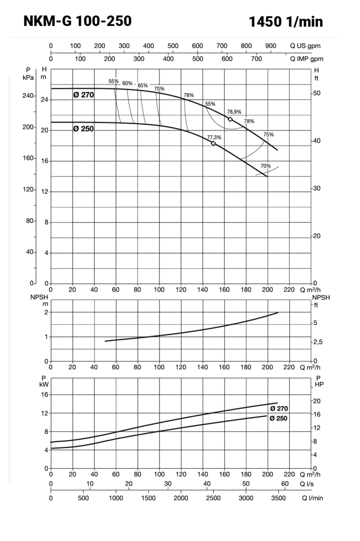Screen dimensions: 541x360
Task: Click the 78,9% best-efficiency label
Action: pos(234,112)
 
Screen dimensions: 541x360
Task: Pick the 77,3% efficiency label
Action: pos(214,137)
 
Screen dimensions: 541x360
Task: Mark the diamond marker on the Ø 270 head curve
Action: pos(230,119)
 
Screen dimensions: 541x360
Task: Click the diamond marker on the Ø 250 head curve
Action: pos(213,143)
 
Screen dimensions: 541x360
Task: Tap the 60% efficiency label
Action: pos(128,83)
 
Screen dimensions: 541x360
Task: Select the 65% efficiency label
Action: pos(143,85)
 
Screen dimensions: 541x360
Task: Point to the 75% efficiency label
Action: pos(269,134)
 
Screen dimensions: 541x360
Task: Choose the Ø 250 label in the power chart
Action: pos(279,418)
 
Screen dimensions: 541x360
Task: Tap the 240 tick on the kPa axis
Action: pos(28,96)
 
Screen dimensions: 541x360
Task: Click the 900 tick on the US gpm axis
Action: pos(271,46)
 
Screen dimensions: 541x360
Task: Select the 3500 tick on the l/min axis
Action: pos(278,498)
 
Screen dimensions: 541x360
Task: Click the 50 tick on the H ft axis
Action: pos(317,93)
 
